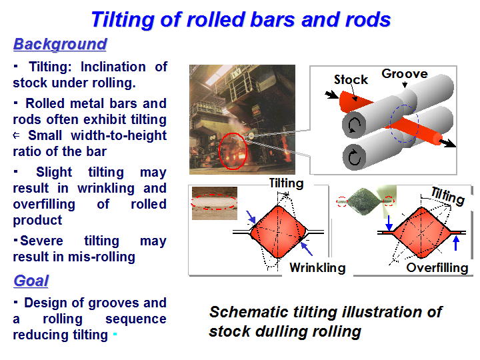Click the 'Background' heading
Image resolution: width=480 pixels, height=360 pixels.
tap(60, 45)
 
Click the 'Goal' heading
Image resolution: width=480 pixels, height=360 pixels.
tap(31, 281)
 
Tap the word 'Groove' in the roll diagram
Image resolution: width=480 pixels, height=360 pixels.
tap(405, 74)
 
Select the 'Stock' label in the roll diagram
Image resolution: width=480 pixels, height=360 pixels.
tap(351, 79)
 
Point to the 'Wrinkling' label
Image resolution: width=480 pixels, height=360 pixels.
tap(317, 267)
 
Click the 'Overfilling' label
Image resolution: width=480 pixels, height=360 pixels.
tap(437, 267)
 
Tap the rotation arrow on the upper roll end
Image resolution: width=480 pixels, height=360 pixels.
tap(355, 125)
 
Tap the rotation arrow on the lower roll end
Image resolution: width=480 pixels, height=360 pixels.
tap(355, 157)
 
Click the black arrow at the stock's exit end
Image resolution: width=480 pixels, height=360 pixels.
tap(447, 143)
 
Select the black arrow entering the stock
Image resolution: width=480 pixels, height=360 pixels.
tap(332, 95)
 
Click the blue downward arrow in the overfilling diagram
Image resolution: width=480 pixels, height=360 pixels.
tap(389, 223)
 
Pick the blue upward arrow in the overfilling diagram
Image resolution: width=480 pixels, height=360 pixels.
tap(456, 244)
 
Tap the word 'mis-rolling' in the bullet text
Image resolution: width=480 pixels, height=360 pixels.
tap(101, 257)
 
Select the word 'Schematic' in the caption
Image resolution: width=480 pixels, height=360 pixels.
tap(248, 312)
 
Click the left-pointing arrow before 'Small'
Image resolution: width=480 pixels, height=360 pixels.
tap(17, 135)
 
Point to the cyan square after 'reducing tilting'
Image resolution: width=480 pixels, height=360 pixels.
tap(115, 334)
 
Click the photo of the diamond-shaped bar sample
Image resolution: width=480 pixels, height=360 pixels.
tap(365, 201)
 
